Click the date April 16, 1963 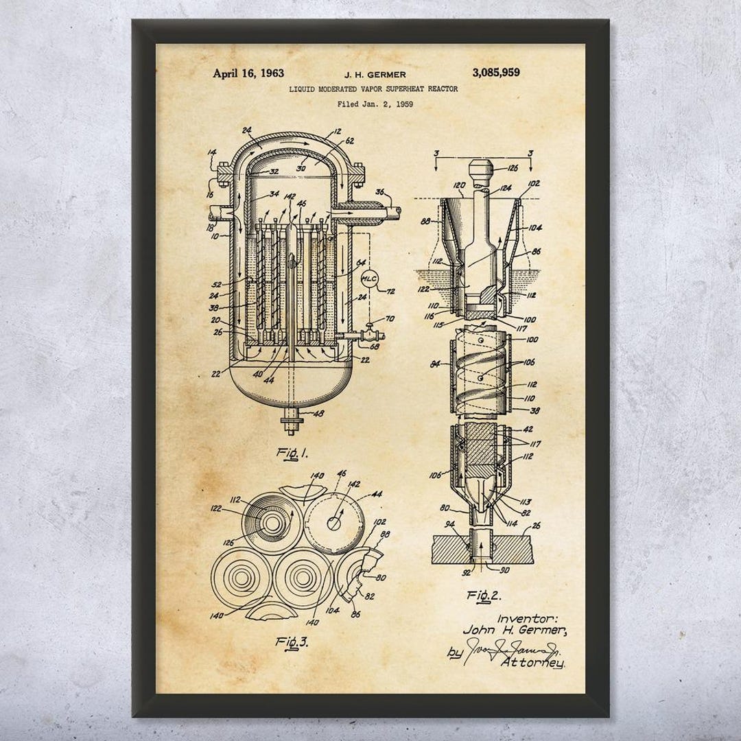coord(248,73)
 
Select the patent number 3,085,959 coord(496,73)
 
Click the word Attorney coord(533,662)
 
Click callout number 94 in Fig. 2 coord(450,524)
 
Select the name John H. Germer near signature coord(515,630)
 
